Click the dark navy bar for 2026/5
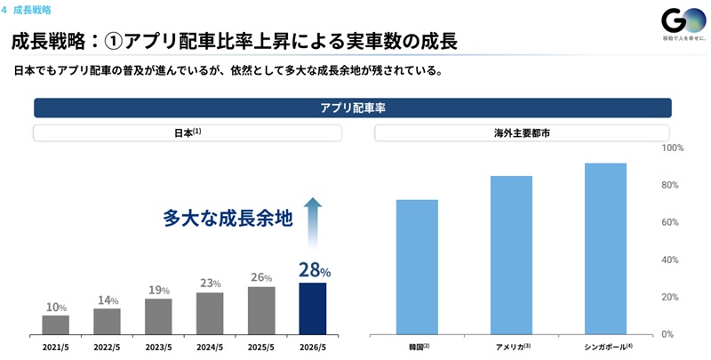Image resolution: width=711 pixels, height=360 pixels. click(313, 308)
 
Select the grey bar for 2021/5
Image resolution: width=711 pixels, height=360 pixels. click(56, 325)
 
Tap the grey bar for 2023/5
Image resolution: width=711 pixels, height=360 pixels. click(158, 317)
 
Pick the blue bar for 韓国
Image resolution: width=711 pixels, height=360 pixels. click(417, 267)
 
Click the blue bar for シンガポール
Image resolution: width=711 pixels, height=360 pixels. click(605, 249)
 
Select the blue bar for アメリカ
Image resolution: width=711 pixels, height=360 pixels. click(512, 255)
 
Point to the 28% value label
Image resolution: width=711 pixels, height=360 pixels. click(315, 269)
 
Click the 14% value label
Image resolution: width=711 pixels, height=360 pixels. click(108, 300)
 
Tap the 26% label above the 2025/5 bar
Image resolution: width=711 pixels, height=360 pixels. click(261, 277)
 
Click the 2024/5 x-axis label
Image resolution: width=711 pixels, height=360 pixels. click(210, 348)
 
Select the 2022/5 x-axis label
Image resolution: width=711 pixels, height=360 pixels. click(107, 348)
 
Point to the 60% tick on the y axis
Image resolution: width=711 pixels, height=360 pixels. click(669, 222)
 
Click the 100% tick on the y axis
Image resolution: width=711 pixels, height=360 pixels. click(673, 148)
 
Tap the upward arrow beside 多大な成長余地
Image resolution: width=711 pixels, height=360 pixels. click(313, 222)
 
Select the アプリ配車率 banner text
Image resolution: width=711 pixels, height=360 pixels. click(353, 108)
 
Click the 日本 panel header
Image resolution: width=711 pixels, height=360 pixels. click(188, 133)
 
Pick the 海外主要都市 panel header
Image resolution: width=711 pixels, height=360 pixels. click(522, 133)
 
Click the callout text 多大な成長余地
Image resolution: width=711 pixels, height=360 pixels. click(228, 218)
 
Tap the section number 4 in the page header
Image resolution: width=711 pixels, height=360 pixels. click(4, 10)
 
